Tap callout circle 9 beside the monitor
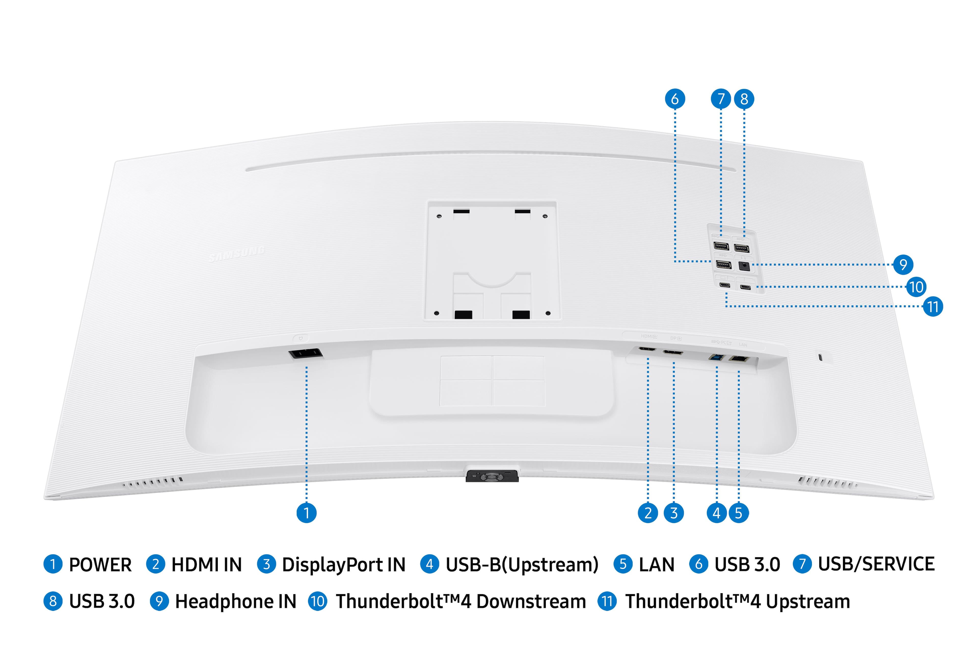(903, 264)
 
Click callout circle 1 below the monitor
(306, 513)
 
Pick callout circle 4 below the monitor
(716, 513)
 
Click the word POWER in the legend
(100, 565)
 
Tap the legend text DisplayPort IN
(344, 565)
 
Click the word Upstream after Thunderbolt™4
(808, 601)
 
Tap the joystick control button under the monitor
(492, 476)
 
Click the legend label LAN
(657, 565)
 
